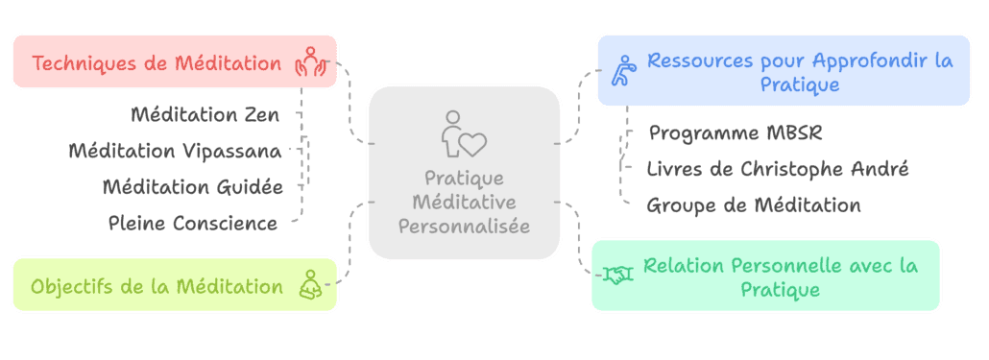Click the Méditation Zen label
(205, 115)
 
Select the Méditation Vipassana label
(176, 151)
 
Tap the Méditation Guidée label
(193, 186)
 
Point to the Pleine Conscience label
(193, 223)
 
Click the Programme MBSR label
(736, 132)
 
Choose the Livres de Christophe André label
(778, 169)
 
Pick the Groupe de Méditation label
(754, 204)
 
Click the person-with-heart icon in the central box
(464, 134)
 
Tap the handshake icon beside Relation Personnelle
(617, 276)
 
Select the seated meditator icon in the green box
(309, 284)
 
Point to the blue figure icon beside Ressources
(622, 72)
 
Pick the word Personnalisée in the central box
(464, 226)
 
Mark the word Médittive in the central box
(464, 202)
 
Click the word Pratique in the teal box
(780, 289)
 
